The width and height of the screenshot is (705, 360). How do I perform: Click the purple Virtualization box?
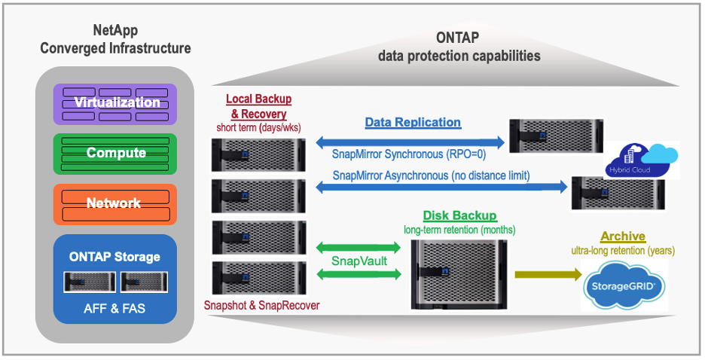tap(115, 103)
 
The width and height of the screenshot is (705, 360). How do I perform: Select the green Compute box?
tap(115, 153)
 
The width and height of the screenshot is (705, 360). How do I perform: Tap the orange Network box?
tap(115, 203)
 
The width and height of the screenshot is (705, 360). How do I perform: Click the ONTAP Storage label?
tap(114, 257)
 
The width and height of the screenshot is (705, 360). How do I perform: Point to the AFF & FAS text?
tap(114, 309)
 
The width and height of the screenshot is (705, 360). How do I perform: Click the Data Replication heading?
tap(413, 122)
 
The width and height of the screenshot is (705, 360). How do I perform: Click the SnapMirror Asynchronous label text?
tap(431, 175)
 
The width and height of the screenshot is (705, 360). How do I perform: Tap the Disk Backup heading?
tap(459, 216)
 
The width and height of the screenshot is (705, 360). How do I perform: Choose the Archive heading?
tap(623, 236)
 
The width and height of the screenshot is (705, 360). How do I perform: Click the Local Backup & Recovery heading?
tap(258, 107)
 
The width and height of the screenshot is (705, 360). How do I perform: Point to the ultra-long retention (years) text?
tap(622, 251)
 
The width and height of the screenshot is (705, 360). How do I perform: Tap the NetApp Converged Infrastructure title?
tap(115, 40)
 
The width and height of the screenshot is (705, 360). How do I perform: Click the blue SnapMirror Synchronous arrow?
tap(410, 141)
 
